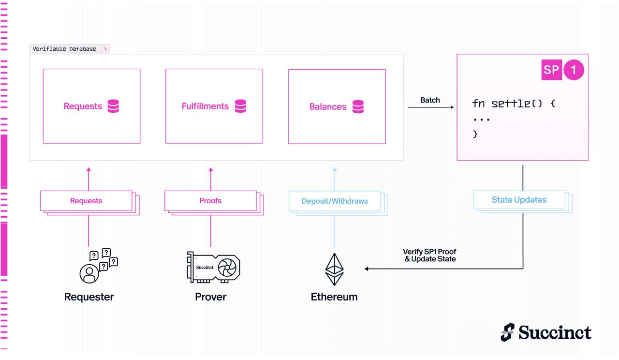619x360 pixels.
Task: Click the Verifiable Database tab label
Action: (x=64, y=49)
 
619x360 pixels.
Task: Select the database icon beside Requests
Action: (x=113, y=106)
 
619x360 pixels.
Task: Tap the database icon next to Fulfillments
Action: (x=240, y=106)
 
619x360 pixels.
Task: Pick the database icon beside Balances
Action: (x=358, y=106)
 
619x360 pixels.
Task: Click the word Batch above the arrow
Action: (x=430, y=100)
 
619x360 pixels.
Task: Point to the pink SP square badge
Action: (x=552, y=70)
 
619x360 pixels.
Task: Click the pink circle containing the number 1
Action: (x=574, y=70)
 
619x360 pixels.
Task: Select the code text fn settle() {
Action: (x=514, y=104)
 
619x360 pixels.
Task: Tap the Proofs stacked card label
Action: (x=210, y=200)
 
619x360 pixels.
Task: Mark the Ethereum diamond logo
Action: (x=334, y=269)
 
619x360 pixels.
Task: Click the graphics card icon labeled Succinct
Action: (x=213, y=267)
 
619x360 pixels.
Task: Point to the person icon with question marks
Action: (x=99, y=266)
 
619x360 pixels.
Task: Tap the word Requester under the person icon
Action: (x=89, y=297)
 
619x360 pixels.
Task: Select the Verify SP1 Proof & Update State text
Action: (x=430, y=255)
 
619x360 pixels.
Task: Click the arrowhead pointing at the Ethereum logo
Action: (x=367, y=269)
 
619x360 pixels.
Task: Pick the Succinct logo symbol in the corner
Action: (x=508, y=332)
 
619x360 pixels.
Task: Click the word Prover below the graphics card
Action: (x=210, y=297)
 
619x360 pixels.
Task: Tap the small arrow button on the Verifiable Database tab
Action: (x=105, y=49)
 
